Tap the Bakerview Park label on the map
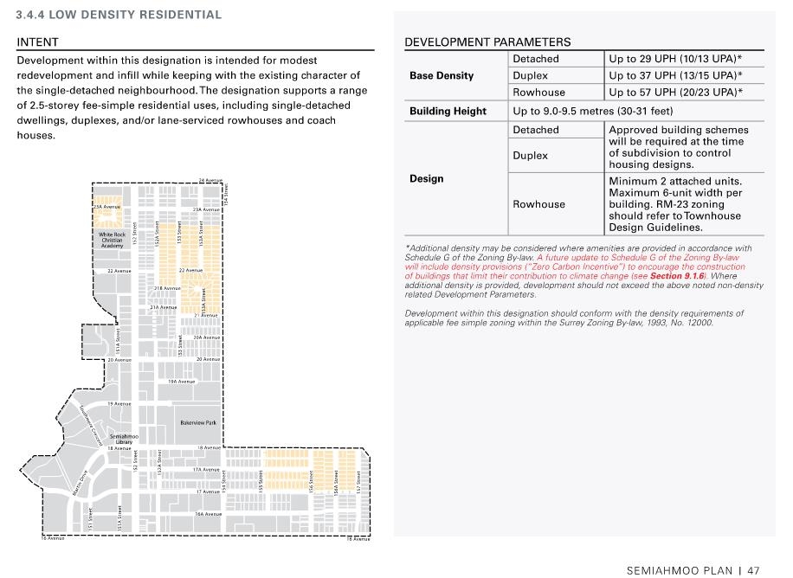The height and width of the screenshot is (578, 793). click(x=198, y=423)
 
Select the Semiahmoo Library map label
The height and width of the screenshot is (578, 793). click(x=124, y=439)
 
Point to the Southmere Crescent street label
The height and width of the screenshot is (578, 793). click(x=91, y=423)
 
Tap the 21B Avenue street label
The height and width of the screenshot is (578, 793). click(x=167, y=288)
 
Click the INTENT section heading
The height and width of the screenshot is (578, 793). click(x=38, y=42)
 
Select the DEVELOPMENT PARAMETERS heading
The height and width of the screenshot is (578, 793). click(x=487, y=42)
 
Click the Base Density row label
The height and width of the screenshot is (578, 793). click(x=442, y=75)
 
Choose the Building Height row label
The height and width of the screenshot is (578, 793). click(x=448, y=111)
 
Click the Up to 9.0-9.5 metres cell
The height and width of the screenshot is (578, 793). click(x=593, y=111)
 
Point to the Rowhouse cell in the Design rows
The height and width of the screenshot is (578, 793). click(x=538, y=204)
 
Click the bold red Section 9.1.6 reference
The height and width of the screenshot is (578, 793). click(x=678, y=276)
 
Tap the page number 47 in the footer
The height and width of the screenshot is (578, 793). click(x=753, y=570)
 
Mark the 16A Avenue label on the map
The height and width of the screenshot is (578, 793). click(x=208, y=514)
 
